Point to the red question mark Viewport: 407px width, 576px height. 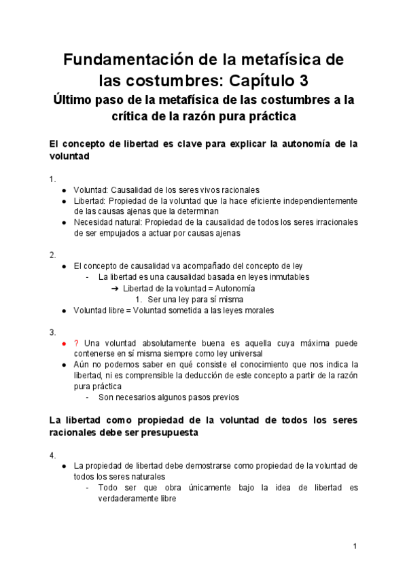[x=75, y=343]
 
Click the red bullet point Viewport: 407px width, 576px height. [x=63, y=344]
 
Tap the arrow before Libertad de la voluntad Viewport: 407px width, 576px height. [x=115, y=289]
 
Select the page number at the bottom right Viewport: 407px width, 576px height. [x=355, y=546]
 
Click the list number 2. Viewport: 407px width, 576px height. [x=52, y=255]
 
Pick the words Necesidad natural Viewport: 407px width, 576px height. [x=106, y=222]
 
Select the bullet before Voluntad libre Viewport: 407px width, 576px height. [x=63, y=310]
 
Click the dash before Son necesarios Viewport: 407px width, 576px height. [x=88, y=397]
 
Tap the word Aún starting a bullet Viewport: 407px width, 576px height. [x=82, y=365]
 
